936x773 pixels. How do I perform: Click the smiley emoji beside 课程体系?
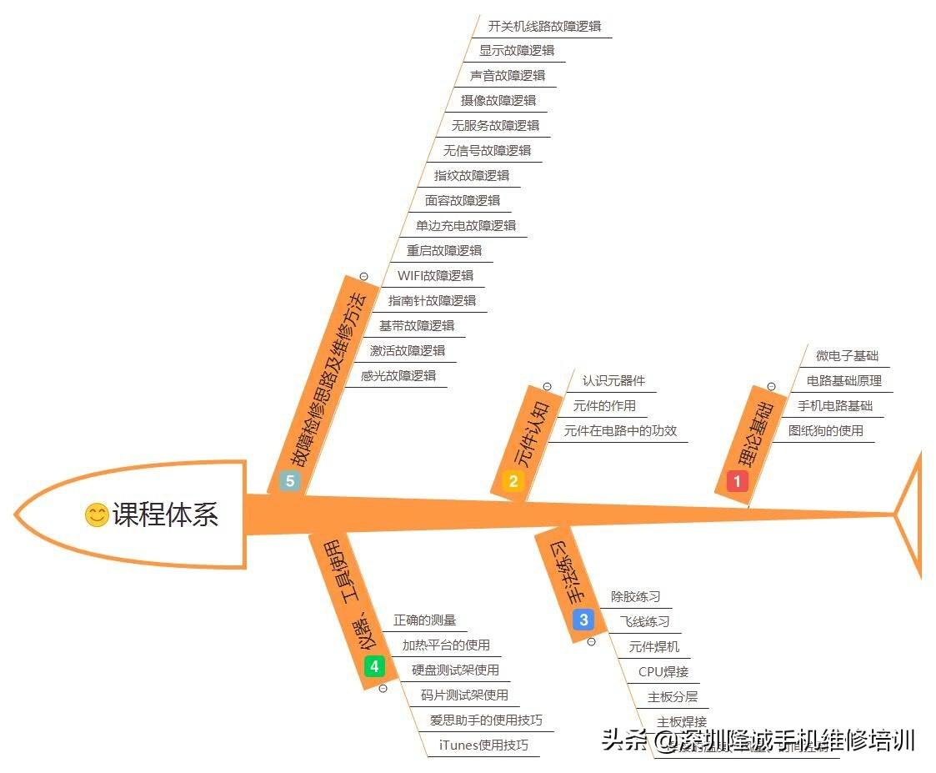(x=97, y=514)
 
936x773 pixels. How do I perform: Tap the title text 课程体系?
(x=165, y=514)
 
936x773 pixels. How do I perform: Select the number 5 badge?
(x=289, y=480)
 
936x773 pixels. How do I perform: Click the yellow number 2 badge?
(x=513, y=480)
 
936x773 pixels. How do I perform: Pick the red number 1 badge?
(x=737, y=480)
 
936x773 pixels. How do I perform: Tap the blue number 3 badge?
(x=583, y=620)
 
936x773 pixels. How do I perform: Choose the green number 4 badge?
(x=374, y=666)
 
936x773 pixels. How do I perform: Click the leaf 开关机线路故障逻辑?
(x=544, y=26)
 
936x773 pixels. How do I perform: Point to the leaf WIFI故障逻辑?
(x=435, y=275)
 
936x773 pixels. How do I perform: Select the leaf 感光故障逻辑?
(x=398, y=375)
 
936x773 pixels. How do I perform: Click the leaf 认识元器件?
(x=613, y=381)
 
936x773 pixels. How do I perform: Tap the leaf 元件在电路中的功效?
(x=620, y=431)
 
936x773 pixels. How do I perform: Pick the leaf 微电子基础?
(x=847, y=356)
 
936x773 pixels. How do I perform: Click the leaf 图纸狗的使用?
(x=825, y=431)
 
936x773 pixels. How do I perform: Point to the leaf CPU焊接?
(x=663, y=671)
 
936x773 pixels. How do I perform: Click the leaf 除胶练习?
(x=635, y=596)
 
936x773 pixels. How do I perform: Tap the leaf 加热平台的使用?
(x=446, y=645)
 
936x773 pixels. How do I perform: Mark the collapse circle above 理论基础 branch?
(x=771, y=386)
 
